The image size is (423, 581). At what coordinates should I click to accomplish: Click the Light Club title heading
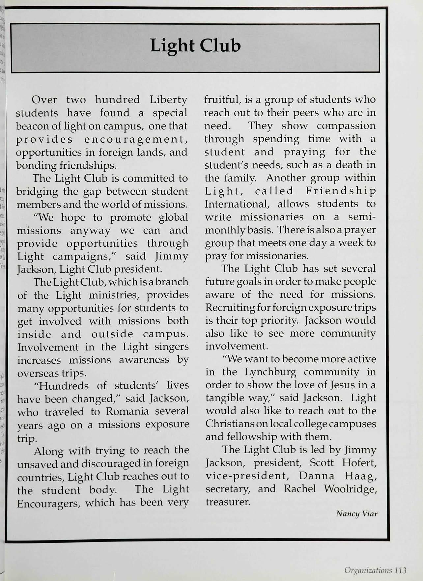(x=195, y=46)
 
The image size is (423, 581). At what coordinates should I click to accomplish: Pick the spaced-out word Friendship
(x=340, y=191)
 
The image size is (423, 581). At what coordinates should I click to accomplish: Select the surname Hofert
(x=359, y=463)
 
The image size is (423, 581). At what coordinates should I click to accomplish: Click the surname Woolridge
(x=350, y=489)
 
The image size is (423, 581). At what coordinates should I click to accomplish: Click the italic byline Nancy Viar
(x=356, y=514)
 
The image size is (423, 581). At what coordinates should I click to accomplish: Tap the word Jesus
(x=344, y=385)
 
